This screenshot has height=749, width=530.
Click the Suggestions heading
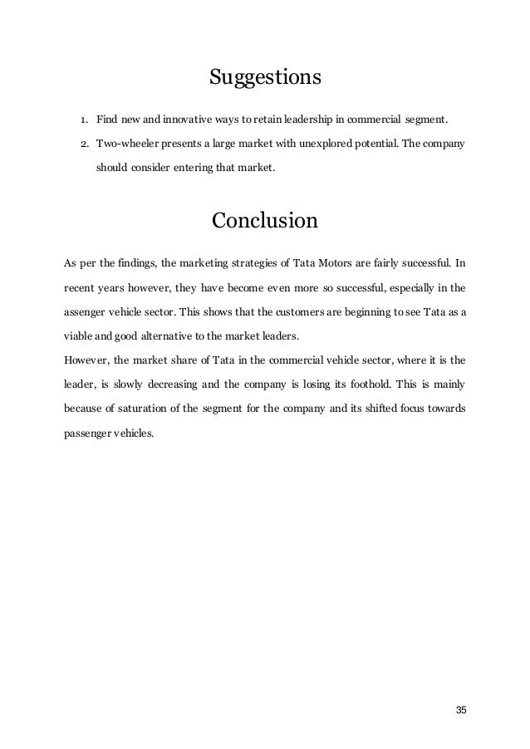tap(264, 78)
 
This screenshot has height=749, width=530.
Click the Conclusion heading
tap(264, 222)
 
